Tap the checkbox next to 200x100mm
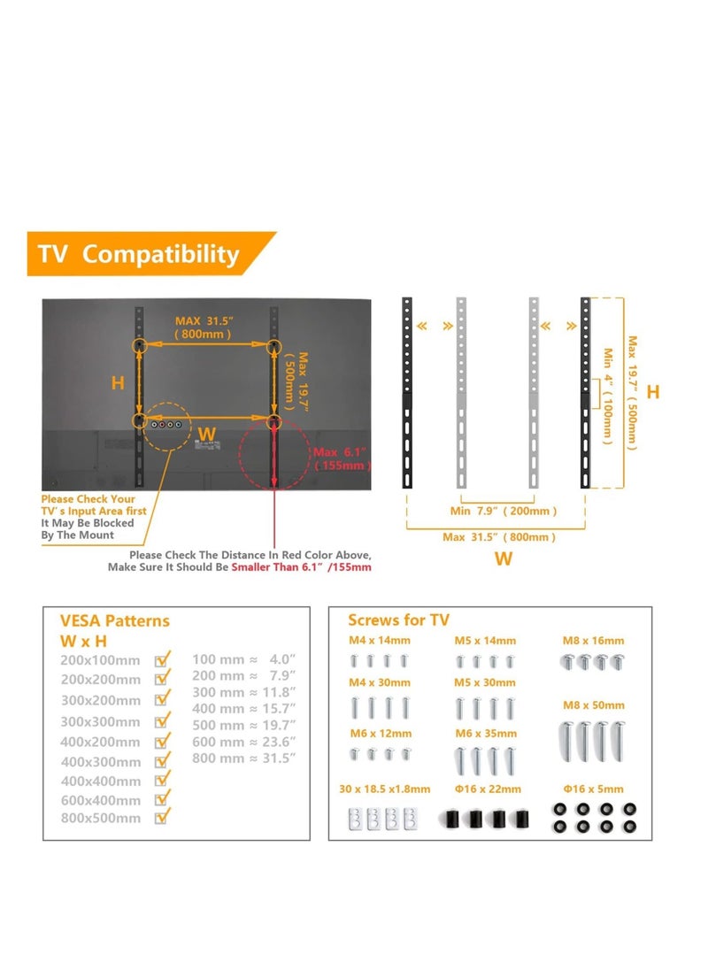(x=162, y=659)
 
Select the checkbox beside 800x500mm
(x=162, y=818)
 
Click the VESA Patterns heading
(x=114, y=620)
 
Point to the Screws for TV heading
(x=398, y=620)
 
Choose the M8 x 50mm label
(x=593, y=705)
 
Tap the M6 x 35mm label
(x=486, y=733)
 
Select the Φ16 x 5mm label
(x=593, y=789)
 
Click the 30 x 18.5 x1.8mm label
(x=385, y=789)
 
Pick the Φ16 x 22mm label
(x=487, y=789)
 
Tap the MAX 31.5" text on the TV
(x=204, y=320)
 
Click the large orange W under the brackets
(x=503, y=558)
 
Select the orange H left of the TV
(x=118, y=383)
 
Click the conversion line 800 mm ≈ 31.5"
(x=244, y=758)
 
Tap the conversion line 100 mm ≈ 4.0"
(x=244, y=659)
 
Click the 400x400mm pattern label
(x=100, y=781)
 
